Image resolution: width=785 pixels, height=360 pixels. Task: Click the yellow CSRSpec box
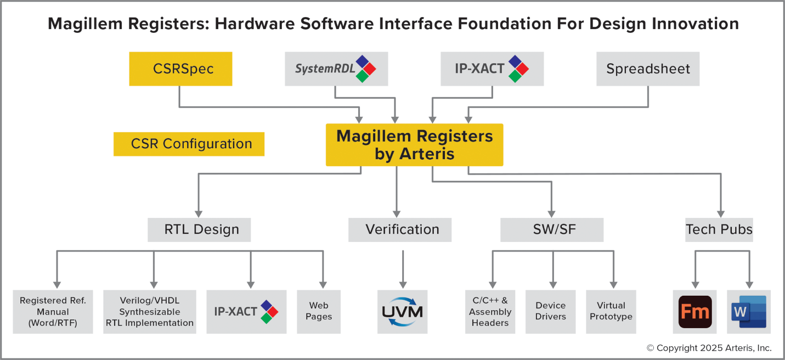[180, 69]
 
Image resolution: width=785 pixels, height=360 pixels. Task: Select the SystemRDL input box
[336, 69]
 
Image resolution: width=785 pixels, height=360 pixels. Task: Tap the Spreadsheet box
[648, 69]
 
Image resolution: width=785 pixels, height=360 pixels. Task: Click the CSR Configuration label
[189, 144]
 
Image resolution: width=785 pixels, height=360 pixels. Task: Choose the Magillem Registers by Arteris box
[415, 145]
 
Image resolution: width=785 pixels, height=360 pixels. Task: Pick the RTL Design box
[199, 229]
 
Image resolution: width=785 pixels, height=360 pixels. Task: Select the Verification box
[400, 229]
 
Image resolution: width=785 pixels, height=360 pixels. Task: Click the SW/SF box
[552, 229]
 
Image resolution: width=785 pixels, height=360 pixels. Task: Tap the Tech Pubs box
[719, 229]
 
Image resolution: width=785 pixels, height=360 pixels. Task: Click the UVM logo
[402, 312]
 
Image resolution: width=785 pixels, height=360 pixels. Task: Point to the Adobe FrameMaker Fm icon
[695, 312]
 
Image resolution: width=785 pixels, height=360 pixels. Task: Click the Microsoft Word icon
[749, 312]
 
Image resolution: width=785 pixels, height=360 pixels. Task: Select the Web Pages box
[319, 312]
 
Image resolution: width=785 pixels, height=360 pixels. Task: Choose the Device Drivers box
[551, 312]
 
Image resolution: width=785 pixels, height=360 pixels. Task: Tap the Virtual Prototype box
[611, 312]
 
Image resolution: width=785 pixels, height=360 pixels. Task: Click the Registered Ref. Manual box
[53, 312]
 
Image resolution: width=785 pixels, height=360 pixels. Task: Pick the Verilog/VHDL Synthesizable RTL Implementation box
[150, 312]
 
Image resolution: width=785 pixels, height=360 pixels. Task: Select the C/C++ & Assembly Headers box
[490, 312]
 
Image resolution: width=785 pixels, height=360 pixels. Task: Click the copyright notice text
[709, 348]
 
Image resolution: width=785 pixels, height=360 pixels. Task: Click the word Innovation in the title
[695, 24]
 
